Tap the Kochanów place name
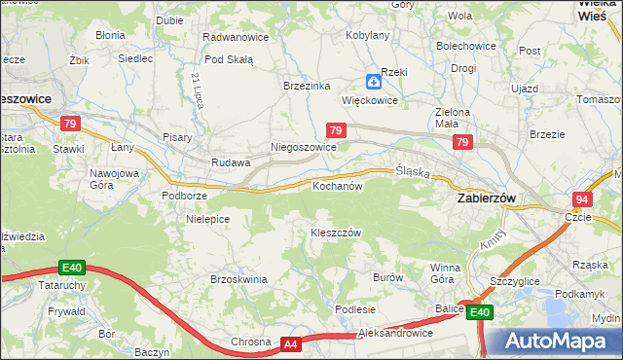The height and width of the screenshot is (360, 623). (337, 185)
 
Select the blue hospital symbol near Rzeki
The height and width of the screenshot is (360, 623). (374, 83)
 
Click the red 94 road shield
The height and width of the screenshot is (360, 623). (582, 198)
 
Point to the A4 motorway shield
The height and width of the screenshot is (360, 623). (290, 343)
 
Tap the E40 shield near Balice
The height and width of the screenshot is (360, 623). (479, 312)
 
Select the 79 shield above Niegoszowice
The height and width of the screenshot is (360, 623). (335, 129)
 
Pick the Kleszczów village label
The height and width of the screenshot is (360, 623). (336, 234)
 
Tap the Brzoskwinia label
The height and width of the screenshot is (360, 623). (238, 279)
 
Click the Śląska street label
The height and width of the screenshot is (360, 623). (414, 170)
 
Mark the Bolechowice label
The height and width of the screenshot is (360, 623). (466, 46)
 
